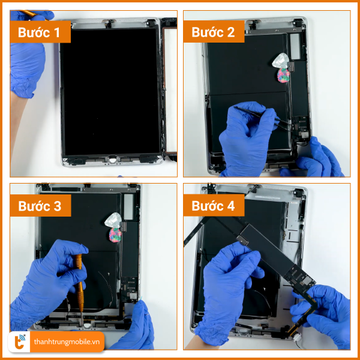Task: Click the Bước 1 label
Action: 39,32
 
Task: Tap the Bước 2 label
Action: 213,32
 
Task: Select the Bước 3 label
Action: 40,206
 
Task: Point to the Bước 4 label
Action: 213,206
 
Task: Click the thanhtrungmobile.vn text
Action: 67,342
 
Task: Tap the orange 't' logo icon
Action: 19,341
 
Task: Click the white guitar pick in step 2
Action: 281,61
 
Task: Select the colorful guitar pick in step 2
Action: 283,76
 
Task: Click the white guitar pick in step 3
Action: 113,220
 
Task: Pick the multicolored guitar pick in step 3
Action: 115,235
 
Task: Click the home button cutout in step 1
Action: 112,160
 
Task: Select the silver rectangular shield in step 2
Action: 295,45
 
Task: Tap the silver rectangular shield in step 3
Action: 128,206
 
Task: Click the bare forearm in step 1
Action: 17,119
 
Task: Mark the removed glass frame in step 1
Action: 169,89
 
